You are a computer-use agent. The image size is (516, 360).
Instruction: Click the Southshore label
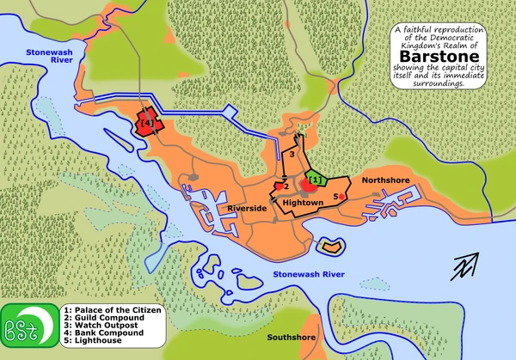point(290,337)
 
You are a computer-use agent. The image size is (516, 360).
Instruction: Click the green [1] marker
point(315,180)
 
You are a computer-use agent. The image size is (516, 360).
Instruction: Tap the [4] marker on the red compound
point(145,125)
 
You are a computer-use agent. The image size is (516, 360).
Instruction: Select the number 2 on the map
point(286,185)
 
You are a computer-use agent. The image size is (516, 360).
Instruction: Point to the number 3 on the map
point(292,154)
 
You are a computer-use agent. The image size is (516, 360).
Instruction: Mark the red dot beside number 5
point(342,197)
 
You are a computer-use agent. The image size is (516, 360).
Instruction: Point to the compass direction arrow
point(468,265)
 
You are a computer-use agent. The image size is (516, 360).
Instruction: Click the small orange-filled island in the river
point(332,247)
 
